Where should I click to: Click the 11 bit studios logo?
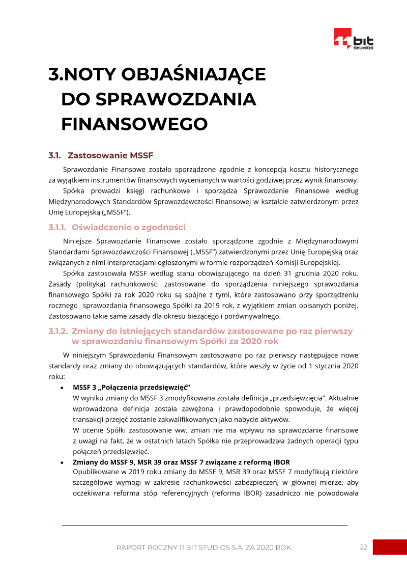[x=354, y=39]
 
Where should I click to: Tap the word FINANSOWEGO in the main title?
[x=134, y=124]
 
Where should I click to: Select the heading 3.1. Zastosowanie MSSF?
[x=101, y=155]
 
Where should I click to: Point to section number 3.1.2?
[x=57, y=331]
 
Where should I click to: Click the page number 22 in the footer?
[x=363, y=547]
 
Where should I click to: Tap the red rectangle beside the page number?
[x=390, y=547]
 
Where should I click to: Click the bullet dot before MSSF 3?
[x=62, y=388]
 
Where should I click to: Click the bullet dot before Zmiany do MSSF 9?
[x=62, y=462]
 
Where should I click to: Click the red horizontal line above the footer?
[x=205, y=525]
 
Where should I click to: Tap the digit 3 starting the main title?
[x=53, y=74]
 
